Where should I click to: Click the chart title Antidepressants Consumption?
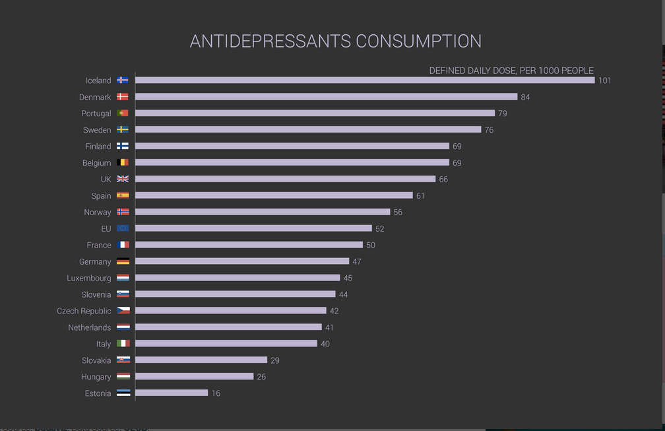(335, 41)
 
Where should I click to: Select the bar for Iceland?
(365, 81)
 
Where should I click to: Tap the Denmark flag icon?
(123, 97)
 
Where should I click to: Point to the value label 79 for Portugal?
(503, 114)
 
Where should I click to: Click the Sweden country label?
(97, 130)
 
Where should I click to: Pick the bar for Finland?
(292, 146)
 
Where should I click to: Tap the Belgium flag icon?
(123, 162)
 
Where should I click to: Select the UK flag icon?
(123, 179)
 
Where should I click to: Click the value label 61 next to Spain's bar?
(420, 196)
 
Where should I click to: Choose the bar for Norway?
(263, 212)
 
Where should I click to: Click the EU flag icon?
(123, 228)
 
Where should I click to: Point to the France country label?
(99, 245)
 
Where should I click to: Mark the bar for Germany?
(242, 261)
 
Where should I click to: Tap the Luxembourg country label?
(89, 278)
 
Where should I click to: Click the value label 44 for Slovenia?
(344, 294)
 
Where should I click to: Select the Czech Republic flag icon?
(123, 310)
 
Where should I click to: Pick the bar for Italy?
(226, 343)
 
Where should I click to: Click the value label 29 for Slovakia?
(275, 360)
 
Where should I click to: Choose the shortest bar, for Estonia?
(172, 393)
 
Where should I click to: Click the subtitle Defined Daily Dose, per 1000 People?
(511, 71)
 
